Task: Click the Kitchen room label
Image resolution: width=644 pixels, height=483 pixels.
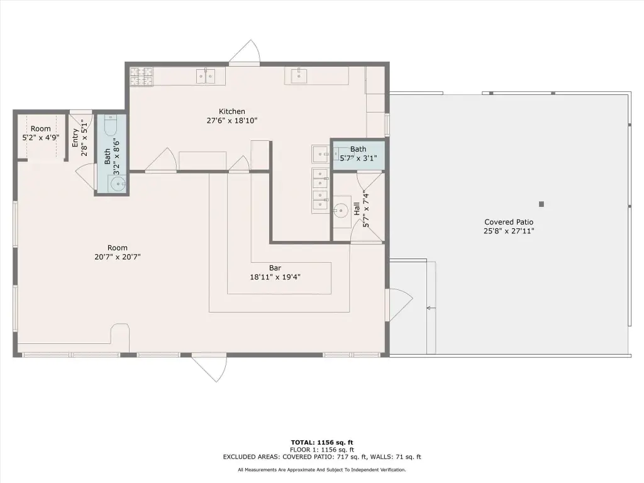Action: point(231,111)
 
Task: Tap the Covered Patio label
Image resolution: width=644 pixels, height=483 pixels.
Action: point(508,222)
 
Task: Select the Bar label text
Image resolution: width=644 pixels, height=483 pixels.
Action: point(275,268)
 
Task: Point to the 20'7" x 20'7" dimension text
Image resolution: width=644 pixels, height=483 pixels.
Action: point(118,257)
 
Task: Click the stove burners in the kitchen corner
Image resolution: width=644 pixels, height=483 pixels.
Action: point(142,77)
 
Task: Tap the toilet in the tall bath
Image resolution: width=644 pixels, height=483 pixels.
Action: point(111,125)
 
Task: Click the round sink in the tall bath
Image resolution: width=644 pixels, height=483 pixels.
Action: point(118,184)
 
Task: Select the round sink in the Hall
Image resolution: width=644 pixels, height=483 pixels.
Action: point(341,211)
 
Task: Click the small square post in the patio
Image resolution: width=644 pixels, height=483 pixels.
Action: point(541,204)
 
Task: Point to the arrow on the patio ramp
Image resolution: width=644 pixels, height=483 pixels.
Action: point(431,308)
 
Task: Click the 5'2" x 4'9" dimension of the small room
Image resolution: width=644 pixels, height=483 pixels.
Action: point(41,138)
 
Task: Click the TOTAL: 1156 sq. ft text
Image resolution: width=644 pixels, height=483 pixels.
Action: point(322,442)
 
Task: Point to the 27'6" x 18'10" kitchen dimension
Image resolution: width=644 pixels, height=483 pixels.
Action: point(231,120)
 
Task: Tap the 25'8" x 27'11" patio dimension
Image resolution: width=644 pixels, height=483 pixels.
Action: point(508,231)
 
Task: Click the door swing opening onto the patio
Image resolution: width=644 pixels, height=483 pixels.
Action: point(401,304)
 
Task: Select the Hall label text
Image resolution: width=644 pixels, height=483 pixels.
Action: point(357,208)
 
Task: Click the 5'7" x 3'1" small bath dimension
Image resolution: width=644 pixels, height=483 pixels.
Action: point(358,158)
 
